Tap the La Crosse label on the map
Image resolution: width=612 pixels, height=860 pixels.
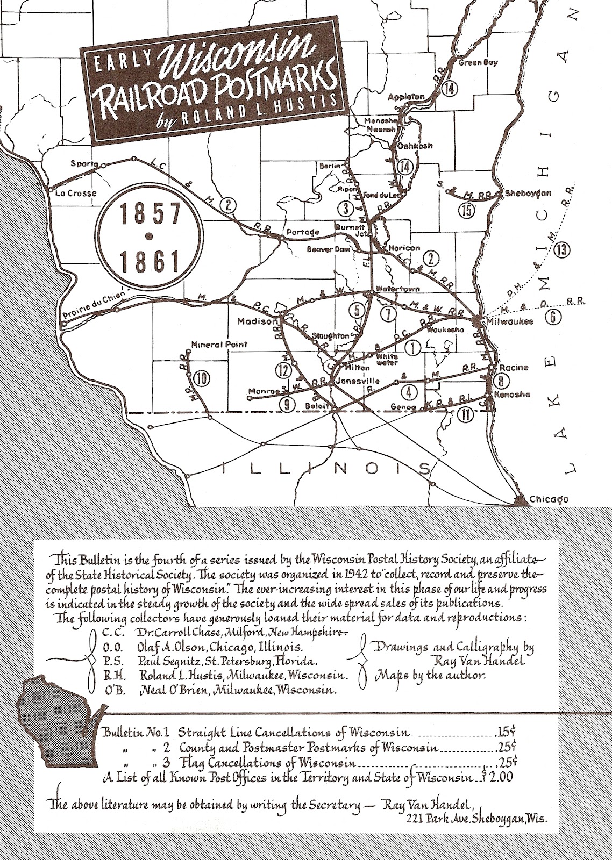tap(76, 193)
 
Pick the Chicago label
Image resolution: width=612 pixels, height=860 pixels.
tap(549, 499)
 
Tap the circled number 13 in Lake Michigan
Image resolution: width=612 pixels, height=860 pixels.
tap(563, 249)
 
